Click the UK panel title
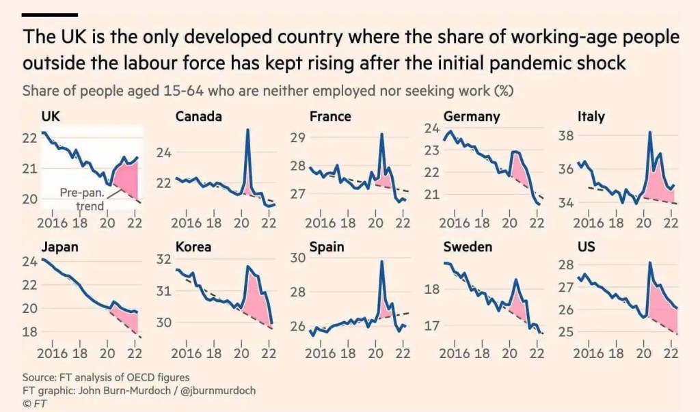point(51,116)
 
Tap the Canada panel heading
point(199,116)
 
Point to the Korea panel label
point(193,247)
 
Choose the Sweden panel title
point(468,247)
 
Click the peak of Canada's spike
point(247,130)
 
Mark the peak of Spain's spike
point(381,262)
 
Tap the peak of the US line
point(650,263)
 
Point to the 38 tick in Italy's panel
point(568,135)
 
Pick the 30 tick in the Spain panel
point(298,258)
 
